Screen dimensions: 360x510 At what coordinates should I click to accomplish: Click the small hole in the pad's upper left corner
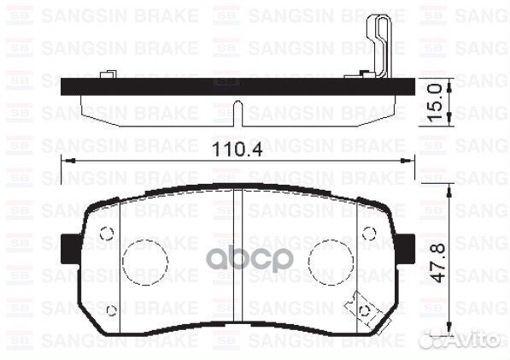pyautogui.click(x=107, y=232)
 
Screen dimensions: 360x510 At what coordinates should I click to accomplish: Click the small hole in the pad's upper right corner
pyautogui.click(x=368, y=232)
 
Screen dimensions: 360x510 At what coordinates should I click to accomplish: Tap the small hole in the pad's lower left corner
pyautogui.click(x=112, y=310)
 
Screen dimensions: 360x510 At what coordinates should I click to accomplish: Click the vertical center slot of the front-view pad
pyautogui.click(x=238, y=257)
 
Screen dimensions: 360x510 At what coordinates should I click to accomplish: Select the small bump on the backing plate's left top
pyautogui.click(x=107, y=76)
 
